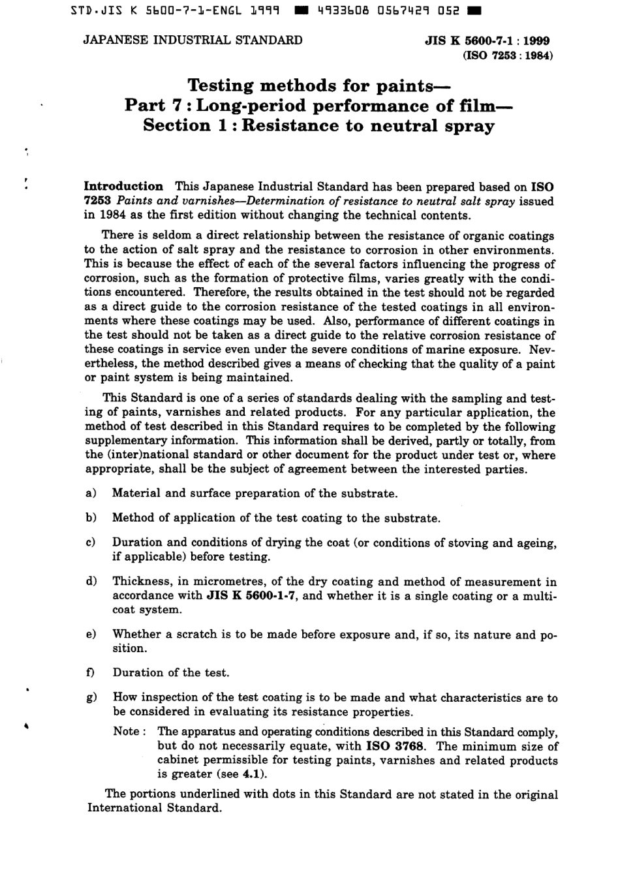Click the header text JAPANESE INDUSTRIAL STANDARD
tap(193, 40)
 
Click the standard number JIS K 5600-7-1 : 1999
tap(487, 40)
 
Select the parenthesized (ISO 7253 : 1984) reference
tap(507, 55)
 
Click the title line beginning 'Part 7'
tap(319, 105)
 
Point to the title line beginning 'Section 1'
tap(319, 125)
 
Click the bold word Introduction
tap(124, 187)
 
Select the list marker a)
tap(91, 494)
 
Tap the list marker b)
tap(91, 518)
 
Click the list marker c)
tap(91, 542)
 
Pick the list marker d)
tap(91, 582)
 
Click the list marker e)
tap(91, 635)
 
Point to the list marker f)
tap(91, 673)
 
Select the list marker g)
tap(91, 698)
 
